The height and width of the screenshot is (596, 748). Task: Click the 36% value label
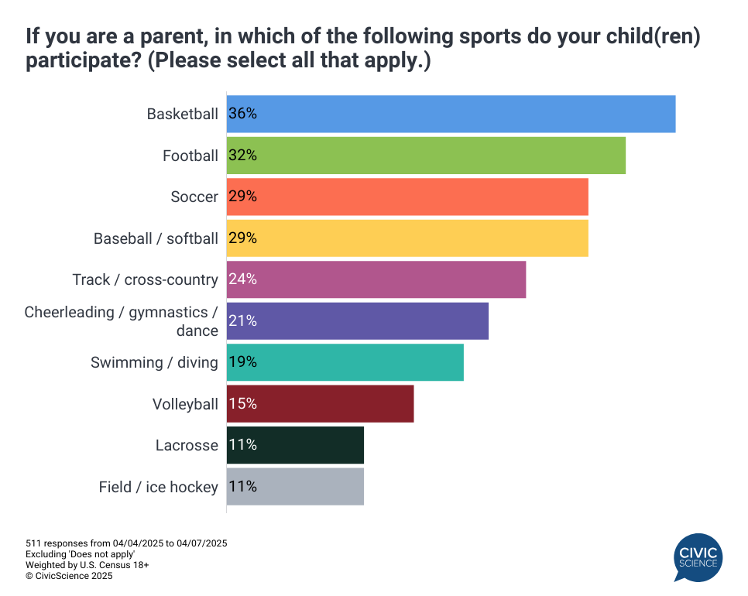click(243, 114)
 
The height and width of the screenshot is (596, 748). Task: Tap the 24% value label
click(243, 279)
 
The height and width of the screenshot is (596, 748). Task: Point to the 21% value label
click(243, 321)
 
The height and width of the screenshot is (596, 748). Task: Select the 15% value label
click(243, 404)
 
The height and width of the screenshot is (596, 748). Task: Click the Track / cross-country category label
click(146, 279)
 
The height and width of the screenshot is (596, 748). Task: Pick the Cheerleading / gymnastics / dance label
click(122, 321)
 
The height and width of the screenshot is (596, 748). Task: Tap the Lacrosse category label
click(187, 445)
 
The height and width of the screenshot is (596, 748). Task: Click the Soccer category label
click(194, 197)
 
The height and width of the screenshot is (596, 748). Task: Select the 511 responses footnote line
click(126, 543)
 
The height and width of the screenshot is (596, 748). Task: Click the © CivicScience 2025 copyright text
click(69, 576)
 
